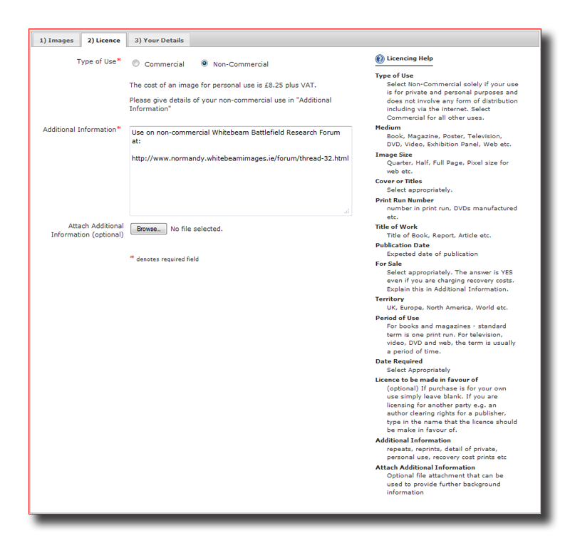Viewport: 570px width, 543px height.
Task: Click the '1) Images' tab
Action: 56,41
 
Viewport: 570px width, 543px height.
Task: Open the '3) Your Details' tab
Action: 159,41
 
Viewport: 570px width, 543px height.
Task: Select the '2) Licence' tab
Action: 103,41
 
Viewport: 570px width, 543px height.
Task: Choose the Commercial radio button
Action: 136,64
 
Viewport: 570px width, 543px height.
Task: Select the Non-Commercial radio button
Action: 204,64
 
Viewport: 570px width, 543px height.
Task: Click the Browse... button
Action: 148,229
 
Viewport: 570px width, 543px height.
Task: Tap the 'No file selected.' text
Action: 197,229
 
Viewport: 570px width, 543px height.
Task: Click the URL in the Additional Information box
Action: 240,158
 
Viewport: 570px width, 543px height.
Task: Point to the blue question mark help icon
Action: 380,59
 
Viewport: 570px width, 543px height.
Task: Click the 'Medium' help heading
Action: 388,128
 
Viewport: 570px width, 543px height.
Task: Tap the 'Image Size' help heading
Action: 393,155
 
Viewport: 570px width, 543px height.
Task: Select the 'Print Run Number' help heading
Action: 404,200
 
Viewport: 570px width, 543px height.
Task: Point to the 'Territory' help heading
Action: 390,299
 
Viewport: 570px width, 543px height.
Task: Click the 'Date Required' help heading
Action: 398,361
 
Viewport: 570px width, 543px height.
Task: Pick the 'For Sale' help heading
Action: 388,264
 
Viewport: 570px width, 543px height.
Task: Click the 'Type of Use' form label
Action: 96,62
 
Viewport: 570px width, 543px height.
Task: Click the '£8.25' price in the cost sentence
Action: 274,85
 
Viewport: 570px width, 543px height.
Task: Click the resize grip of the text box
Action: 347,211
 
